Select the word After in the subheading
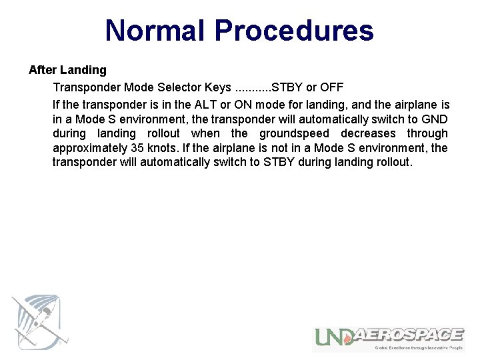pos(41,70)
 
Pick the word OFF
pos(331,87)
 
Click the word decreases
pos(368,133)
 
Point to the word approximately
pos(89,148)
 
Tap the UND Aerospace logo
pos(389,337)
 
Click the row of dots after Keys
pos(252,87)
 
